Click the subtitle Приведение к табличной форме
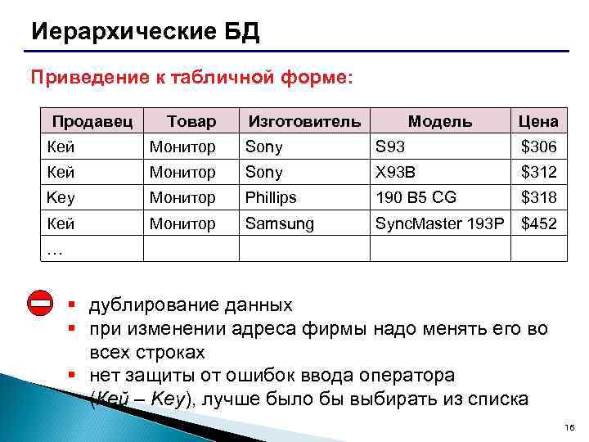coord(191,78)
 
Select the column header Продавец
coord(92,121)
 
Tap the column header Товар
coord(191,121)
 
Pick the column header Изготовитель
coord(303,121)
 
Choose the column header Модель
coord(440,121)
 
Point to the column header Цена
coord(538,121)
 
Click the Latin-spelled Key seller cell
coord(61,197)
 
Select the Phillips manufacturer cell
coord(271,197)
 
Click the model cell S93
coord(389,147)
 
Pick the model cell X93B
coord(396,172)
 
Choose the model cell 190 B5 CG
coord(415,197)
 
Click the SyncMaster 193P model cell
coord(439,223)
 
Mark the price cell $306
coord(538,147)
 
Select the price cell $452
coord(538,223)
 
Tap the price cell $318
coord(538,197)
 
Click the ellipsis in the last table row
coord(55,250)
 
